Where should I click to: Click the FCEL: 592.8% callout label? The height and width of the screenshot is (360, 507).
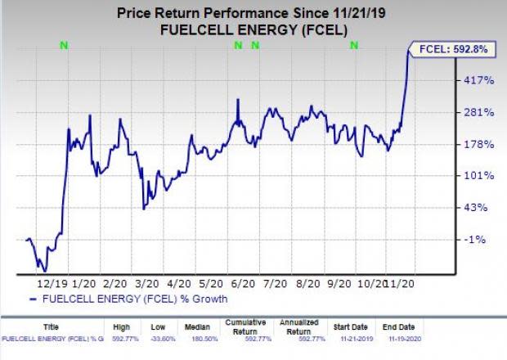452,49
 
